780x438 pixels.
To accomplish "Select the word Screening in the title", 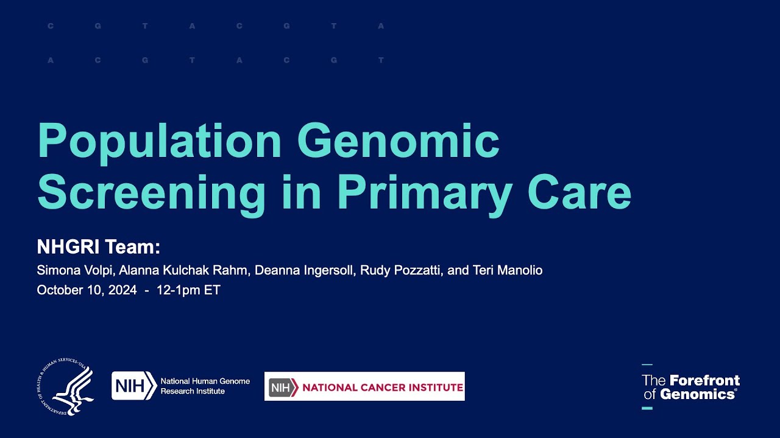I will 151,193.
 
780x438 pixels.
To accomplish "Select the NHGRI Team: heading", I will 98,247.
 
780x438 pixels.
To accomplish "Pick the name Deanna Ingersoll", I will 304,270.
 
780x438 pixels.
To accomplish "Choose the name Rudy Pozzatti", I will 400,270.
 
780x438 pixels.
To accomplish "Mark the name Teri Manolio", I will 507,270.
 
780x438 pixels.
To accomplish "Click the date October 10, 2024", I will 87,290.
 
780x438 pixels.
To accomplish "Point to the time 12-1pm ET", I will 188,290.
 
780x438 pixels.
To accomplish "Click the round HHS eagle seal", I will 65,387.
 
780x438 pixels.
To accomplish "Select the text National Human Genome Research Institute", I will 205,386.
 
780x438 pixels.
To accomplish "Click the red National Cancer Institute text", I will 382,387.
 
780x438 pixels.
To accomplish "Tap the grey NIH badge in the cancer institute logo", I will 283,387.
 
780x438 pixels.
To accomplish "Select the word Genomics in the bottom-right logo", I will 697,394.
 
